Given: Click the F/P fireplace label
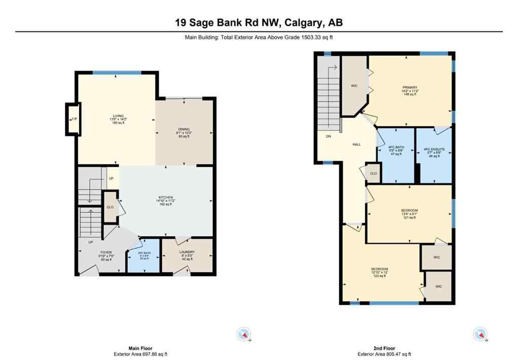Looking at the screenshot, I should tap(73, 119).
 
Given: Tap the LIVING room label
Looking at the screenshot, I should tap(118, 116).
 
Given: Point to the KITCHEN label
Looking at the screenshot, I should tap(166, 197).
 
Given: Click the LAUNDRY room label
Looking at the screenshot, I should tap(187, 252).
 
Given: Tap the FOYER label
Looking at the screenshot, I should tap(106, 252).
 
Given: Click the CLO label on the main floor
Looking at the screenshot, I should tap(109, 207).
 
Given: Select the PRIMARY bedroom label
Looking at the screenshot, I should tap(410, 87).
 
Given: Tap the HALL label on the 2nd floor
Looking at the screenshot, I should tap(357, 145).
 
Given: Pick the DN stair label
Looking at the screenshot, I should tap(328, 136).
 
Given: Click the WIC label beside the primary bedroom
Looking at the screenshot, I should tap(354, 86).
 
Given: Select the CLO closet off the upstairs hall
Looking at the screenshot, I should tap(373, 173).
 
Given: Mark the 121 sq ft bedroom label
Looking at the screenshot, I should tap(410, 210).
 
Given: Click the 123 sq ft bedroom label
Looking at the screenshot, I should tap(380, 269).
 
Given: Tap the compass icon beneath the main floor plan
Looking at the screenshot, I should tap(244, 334).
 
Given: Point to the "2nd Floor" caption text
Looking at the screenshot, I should tap(384, 348).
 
